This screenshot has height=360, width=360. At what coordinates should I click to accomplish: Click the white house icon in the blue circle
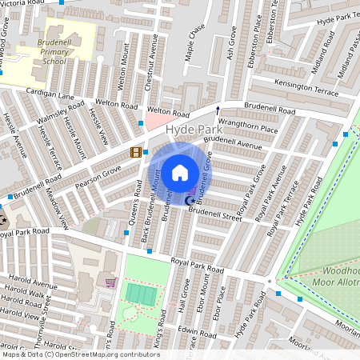(180, 172)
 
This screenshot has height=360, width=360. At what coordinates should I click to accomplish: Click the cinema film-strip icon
(136, 152)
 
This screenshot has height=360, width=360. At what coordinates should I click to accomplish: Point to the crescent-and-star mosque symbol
(190, 200)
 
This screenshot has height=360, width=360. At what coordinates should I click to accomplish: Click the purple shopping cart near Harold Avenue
(110, 282)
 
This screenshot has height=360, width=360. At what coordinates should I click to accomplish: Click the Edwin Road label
(198, 330)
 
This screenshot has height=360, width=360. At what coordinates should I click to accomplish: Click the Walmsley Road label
(60, 114)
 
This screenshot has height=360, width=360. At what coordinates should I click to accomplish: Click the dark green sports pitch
(142, 294)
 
